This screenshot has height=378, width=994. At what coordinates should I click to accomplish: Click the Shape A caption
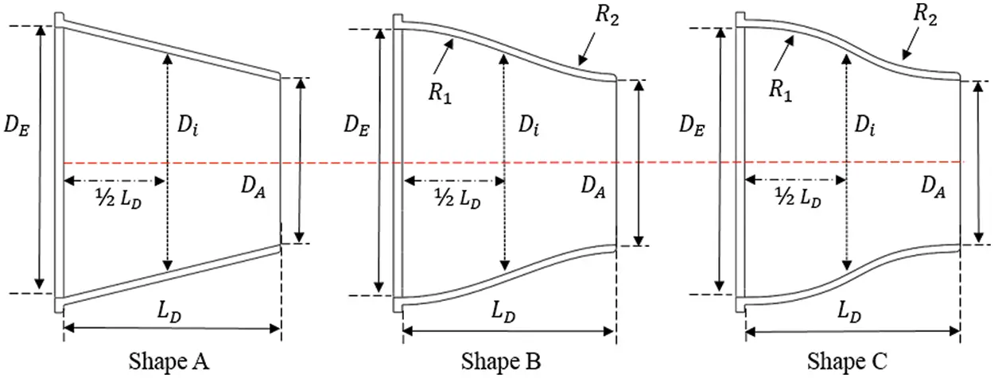(x=169, y=361)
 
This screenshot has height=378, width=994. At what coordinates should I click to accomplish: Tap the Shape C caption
(x=846, y=361)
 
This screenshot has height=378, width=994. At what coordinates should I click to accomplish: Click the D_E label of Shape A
(x=17, y=126)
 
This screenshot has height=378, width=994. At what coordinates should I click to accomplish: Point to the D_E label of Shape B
(x=356, y=125)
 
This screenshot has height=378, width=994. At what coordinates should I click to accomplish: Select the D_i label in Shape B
(x=527, y=125)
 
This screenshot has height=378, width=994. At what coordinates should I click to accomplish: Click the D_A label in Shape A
(x=256, y=187)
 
